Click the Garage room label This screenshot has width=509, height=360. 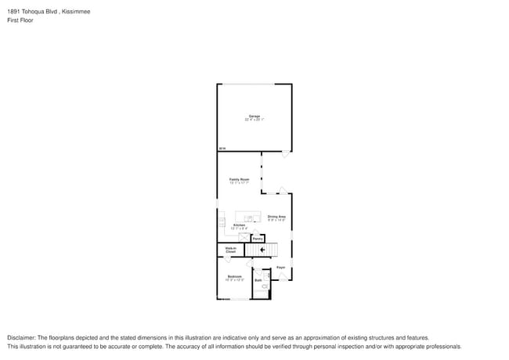click(254, 116)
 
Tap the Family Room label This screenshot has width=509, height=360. click(239, 179)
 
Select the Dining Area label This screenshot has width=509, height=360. click(276, 217)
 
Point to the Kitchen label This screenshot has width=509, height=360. click(239, 225)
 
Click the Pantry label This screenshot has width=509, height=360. click(257, 239)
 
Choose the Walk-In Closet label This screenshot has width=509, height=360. click(231, 250)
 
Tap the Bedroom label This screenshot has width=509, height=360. click(234, 276)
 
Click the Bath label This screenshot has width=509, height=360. click(258, 279)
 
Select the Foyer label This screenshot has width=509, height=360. click(280, 267)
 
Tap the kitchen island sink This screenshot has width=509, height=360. click(250, 217)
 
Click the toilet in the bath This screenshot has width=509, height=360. click(265, 286)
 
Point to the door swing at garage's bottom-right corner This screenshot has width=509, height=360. click(286, 155)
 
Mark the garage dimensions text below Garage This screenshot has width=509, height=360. click(254, 120)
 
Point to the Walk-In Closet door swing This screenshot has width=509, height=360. click(228, 258)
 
